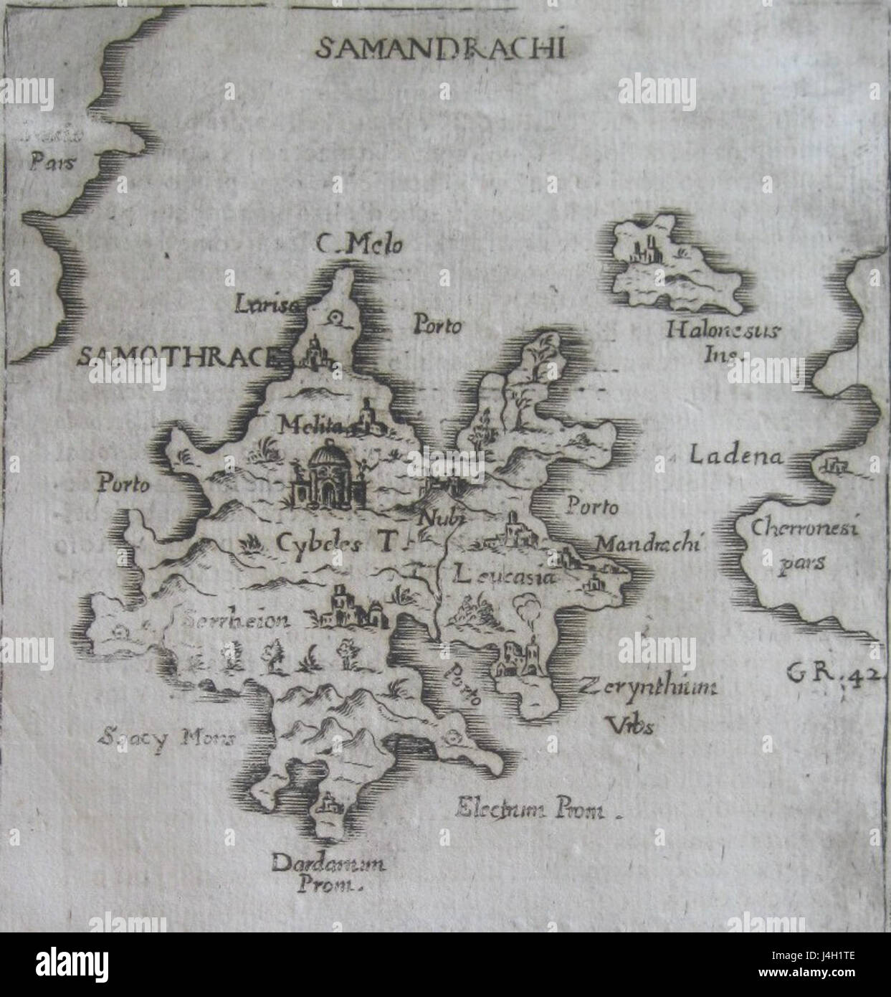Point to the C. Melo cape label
(359, 245)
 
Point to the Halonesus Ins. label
(724, 341)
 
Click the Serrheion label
(236, 620)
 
